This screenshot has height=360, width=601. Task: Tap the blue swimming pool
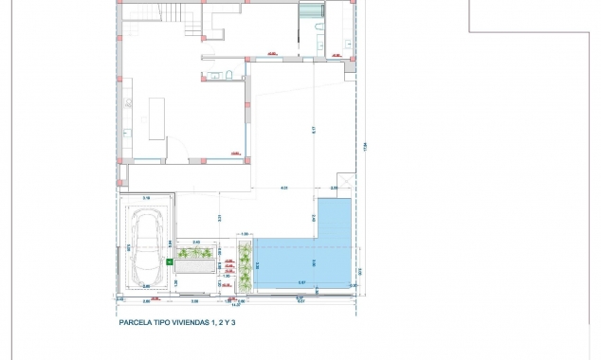click(x=303, y=261)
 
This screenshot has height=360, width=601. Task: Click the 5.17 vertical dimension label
click(x=312, y=130)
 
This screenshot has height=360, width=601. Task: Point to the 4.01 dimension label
click(x=283, y=189)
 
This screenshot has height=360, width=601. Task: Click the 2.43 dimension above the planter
click(x=196, y=243)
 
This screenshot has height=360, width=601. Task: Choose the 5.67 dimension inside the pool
click(x=301, y=281)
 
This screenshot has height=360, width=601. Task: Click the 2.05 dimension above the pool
click(x=334, y=189)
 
